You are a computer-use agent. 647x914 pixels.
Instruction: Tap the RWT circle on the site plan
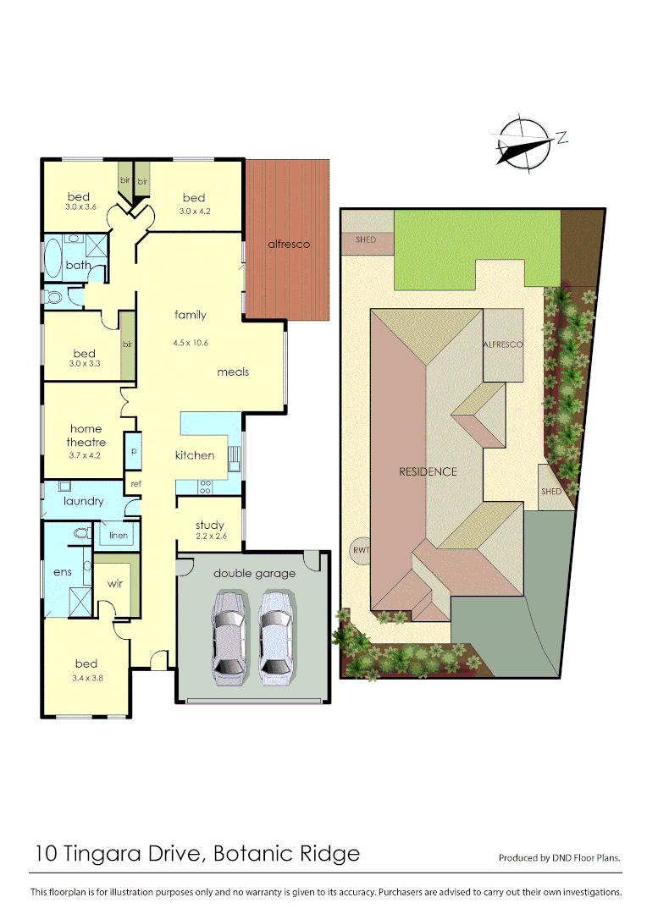pyautogui.click(x=361, y=551)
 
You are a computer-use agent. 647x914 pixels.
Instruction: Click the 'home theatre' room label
pyautogui.click(x=86, y=436)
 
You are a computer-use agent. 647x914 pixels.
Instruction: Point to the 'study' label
pyautogui.click(x=209, y=526)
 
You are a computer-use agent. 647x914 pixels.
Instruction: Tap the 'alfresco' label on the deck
pyautogui.click(x=289, y=244)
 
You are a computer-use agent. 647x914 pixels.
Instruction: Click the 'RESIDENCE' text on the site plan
pyautogui.click(x=428, y=471)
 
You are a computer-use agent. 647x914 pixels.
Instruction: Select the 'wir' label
pyautogui.click(x=115, y=584)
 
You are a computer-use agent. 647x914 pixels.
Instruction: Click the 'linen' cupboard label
pyautogui.click(x=118, y=536)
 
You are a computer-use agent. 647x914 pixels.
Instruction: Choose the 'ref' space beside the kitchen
pyautogui.click(x=135, y=483)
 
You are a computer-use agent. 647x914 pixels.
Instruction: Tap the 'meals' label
pyautogui.click(x=233, y=372)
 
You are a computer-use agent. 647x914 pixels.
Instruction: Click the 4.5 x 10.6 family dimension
pyautogui.click(x=191, y=343)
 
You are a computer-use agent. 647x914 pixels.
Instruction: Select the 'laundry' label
pyautogui.click(x=83, y=501)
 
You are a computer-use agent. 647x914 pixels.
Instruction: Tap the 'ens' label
pyautogui.click(x=63, y=572)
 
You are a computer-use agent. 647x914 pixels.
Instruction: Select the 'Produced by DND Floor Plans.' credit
pyautogui.click(x=559, y=857)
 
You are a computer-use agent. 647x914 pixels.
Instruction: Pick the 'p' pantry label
pyautogui.click(x=134, y=451)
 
